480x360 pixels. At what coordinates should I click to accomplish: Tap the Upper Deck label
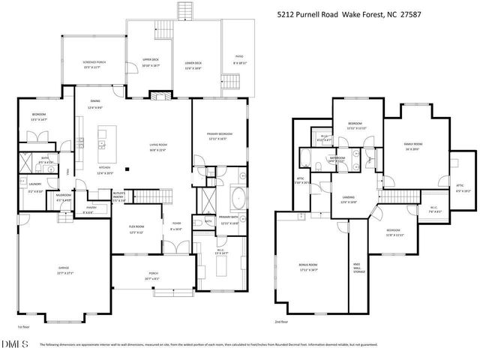click(x=151, y=63)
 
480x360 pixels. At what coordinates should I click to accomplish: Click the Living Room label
click(x=158, y=148)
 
